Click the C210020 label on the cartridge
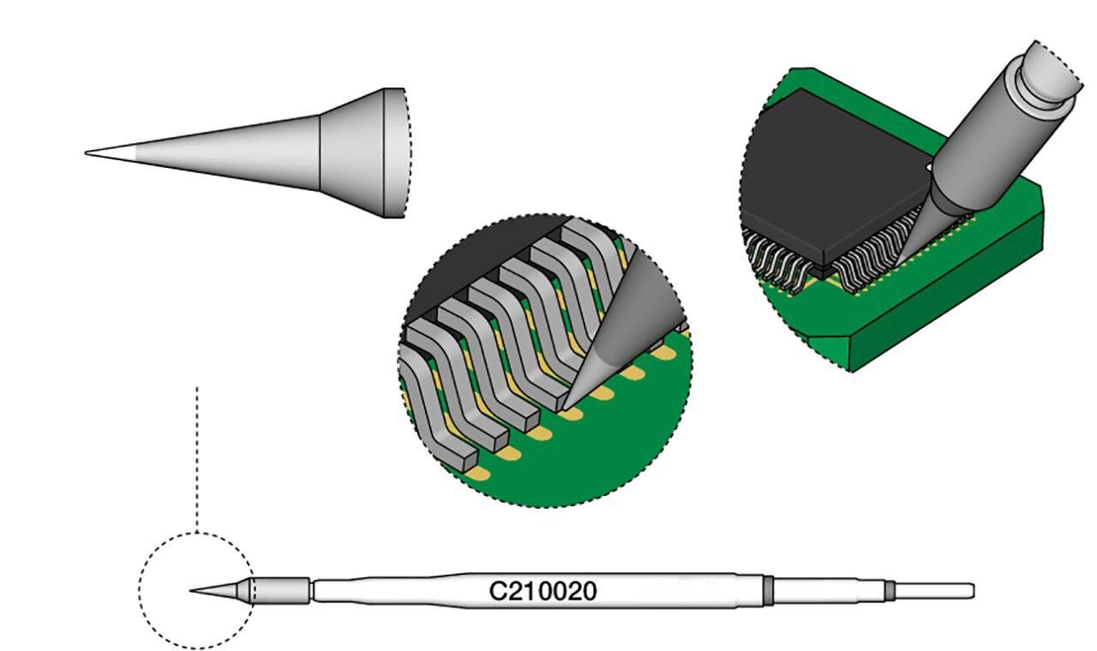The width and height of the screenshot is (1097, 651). (x=543, y=591)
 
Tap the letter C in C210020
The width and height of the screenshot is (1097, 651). (x=496, y=591)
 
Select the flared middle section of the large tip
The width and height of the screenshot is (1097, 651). (x=351, y=152)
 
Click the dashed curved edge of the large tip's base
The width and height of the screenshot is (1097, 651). (x=405, y=152)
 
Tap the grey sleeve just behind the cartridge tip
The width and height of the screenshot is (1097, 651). (x=281, y=590)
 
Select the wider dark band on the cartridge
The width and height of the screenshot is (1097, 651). (x=768, y=590)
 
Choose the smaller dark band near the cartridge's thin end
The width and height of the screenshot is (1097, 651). (x=890, y=590)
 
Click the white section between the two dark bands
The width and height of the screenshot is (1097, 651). (x=828, y=590)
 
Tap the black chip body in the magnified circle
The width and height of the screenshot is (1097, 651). (x=480, y=257)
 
